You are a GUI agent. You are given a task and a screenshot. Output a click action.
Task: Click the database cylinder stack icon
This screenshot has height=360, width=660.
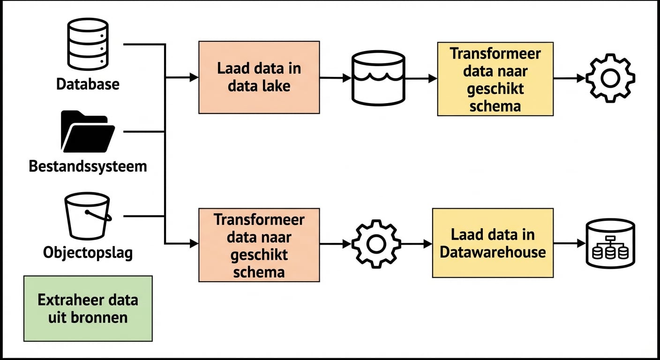[x=88, y=45]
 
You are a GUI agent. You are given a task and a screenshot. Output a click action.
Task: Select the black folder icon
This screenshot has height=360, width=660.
[x=88, y=132]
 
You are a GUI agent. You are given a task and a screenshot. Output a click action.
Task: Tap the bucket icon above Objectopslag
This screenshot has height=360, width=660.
[x=88, y=216]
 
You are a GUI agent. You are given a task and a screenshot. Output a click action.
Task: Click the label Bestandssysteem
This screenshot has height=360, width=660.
[x=88, y=166]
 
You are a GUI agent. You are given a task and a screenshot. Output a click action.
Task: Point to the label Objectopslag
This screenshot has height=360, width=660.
[x=88, y=253]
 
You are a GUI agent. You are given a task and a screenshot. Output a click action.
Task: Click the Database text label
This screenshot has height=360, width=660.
[x=88, y=84]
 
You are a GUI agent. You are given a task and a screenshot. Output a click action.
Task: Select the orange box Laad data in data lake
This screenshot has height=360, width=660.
[x=259, y=77]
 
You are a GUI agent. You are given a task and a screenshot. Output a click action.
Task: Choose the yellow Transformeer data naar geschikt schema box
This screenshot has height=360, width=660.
[x=495, y=79]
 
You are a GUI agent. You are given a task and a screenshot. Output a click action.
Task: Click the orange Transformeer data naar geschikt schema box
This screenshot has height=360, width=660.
[x=259, y=245]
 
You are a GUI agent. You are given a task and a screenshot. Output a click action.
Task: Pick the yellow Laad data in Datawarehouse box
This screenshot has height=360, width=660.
[x=493, y=243]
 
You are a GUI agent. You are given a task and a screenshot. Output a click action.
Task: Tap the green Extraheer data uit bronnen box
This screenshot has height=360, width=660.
[x=88, y=308]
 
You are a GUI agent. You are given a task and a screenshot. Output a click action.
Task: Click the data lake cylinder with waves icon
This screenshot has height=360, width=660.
[x=378, y=78]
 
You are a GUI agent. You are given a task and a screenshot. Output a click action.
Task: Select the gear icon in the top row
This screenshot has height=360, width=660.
[x=610, y=78]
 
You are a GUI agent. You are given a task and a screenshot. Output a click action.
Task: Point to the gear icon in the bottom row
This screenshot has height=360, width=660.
[x=376, y=244]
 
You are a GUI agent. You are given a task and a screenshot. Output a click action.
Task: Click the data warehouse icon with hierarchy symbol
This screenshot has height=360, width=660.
[x=610, y=244]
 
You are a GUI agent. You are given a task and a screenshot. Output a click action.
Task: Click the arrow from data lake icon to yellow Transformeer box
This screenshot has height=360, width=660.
[x=420, y=79]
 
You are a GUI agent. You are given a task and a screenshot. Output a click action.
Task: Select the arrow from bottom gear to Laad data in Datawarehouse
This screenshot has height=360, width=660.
[x=416, y=244]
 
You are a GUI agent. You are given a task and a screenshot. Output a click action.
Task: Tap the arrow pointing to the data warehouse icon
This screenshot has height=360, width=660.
[x=569, y=244]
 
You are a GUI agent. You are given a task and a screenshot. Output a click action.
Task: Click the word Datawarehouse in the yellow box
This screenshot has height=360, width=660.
[x=493, y=252]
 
